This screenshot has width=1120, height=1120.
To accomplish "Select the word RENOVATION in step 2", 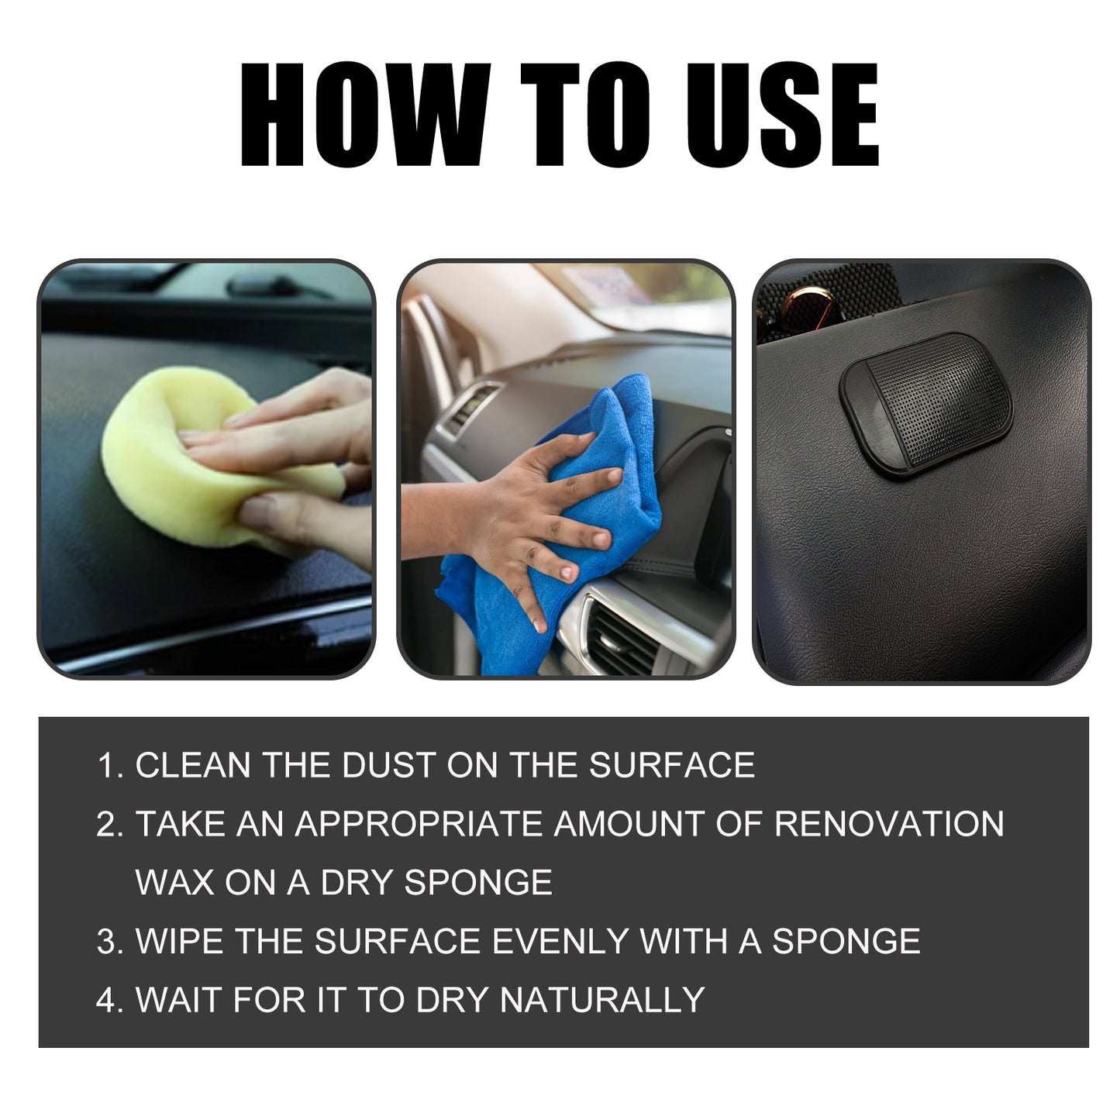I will tap(889, 824).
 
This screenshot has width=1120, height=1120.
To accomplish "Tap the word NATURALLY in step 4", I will tap(602, 1000).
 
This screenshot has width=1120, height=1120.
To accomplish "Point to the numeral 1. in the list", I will tap(110, 766).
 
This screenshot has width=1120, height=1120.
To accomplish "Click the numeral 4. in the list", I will tap(110, 1000).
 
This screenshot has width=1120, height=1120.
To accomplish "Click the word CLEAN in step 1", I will tap(193, 766).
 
